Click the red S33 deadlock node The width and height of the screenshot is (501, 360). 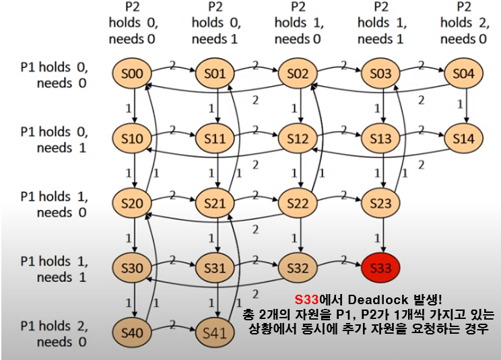coord(381,268)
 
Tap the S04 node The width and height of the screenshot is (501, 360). coord(464,74)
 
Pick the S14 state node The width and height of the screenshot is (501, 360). coord(464,138)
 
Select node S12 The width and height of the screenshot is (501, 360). coord(297,138)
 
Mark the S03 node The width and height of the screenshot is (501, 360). coord(381,74)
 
